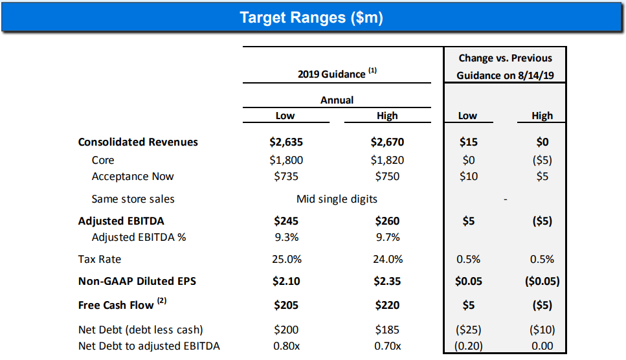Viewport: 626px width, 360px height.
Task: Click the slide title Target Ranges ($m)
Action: (311, 17)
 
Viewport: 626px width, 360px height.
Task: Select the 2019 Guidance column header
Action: (331, 74)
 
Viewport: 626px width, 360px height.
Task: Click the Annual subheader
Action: (337, 100)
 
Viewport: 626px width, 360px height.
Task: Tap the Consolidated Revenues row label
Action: (138, 142)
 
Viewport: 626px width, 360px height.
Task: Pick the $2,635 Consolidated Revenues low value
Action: (285, 142)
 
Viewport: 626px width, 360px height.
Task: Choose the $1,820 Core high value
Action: (387, 160)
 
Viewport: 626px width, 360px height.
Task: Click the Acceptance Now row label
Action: (133, 176)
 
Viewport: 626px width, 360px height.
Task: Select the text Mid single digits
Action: (337, 199)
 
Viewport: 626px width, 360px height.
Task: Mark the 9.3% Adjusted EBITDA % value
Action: (285, 237)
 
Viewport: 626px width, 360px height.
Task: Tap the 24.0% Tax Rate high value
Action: (387, 259)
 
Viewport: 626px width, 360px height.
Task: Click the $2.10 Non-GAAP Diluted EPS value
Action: (285, 282)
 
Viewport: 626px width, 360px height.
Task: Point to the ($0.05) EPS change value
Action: (542, 282)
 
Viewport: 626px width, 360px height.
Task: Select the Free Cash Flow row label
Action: (116, 305)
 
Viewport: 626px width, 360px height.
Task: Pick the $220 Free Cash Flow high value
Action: (387, 305)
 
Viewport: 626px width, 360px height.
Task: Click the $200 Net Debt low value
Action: (285, 330)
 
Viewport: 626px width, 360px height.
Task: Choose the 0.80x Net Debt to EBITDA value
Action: (285, 346)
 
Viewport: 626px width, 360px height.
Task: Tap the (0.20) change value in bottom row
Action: (467, 346)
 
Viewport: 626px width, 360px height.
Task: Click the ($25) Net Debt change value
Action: (467, 330)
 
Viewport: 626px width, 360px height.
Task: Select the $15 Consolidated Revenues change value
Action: (467, 142)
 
